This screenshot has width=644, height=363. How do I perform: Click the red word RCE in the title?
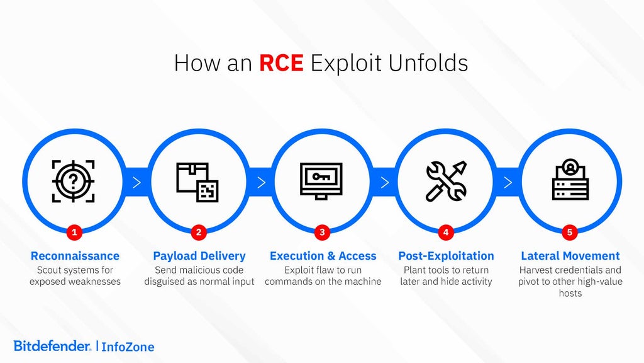(x=281, y=64)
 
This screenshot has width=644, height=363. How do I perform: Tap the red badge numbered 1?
(x=75, y=233)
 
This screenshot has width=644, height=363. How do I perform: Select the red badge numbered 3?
(x=322, y=233)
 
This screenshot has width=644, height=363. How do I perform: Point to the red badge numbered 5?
(x=570, y=233)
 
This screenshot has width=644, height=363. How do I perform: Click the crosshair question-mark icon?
(x=74, y=181)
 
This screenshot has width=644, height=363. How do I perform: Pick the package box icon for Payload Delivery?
(x=197, y=182)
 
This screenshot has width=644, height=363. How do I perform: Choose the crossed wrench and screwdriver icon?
(x=445, y=181)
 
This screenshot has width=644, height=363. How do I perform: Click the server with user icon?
(x=570, y=181)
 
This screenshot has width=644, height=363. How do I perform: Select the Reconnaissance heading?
(x=75, y=256)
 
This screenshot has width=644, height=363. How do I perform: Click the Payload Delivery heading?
(x=199, y=256)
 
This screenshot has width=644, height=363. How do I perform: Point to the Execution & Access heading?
(x=323, y=256)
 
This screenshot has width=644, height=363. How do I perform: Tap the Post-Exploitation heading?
(x=446, y=256)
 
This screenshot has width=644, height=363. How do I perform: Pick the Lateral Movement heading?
(x=570, y=256)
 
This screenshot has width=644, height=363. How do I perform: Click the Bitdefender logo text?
(x=52, y=345)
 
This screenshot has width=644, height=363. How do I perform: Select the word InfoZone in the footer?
(x=128, y=347)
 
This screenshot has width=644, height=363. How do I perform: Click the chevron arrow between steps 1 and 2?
(x=136, y=183)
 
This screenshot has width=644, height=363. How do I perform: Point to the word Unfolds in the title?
(x=428, y=64)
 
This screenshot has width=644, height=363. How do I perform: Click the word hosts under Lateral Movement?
(x=570, y=293)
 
